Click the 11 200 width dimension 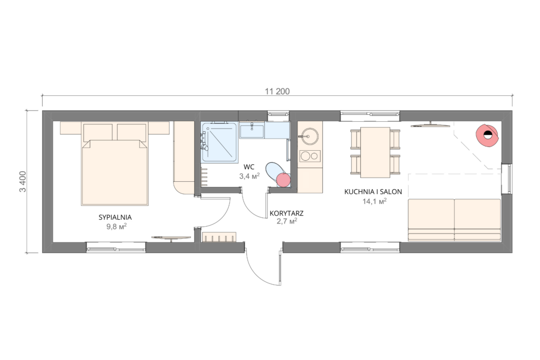(277, 91)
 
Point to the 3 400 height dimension (23, 181)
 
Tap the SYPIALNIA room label (115, 217)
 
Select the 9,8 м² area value (117, 226)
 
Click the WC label (249, 167)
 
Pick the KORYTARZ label (286, 213)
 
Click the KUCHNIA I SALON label (373, 192)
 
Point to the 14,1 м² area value (374, 201)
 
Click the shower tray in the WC (219, 142)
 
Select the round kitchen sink (308, 137)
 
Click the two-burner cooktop (310, 156)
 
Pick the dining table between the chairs (375, 152)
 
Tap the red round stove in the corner (487, 135)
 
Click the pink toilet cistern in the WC (283, 180)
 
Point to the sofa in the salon (454, 220)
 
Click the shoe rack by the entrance (219, 237)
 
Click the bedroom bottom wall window (116, 247)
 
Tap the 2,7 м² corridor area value (287, 221)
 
